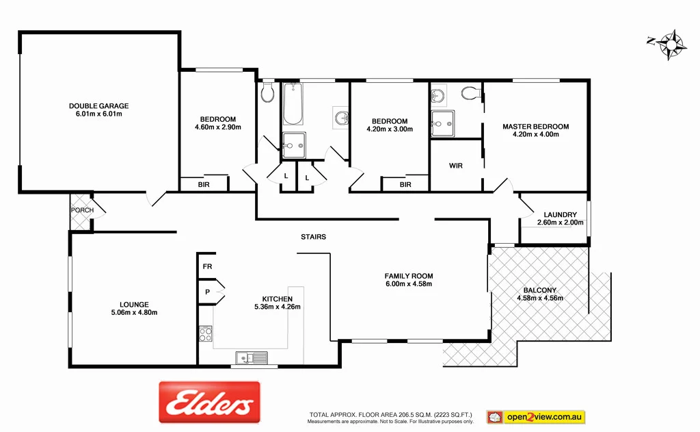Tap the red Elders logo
209,401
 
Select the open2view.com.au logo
536,416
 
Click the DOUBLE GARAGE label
98,106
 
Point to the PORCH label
82,209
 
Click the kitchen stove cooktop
206,335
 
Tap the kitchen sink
252,357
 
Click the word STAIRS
313,237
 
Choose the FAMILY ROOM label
409,276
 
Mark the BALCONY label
539,289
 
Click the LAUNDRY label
560,214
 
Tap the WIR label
456,166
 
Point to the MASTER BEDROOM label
535,127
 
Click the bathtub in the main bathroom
293,104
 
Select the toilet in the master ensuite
470,92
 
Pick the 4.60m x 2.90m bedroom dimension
218,127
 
